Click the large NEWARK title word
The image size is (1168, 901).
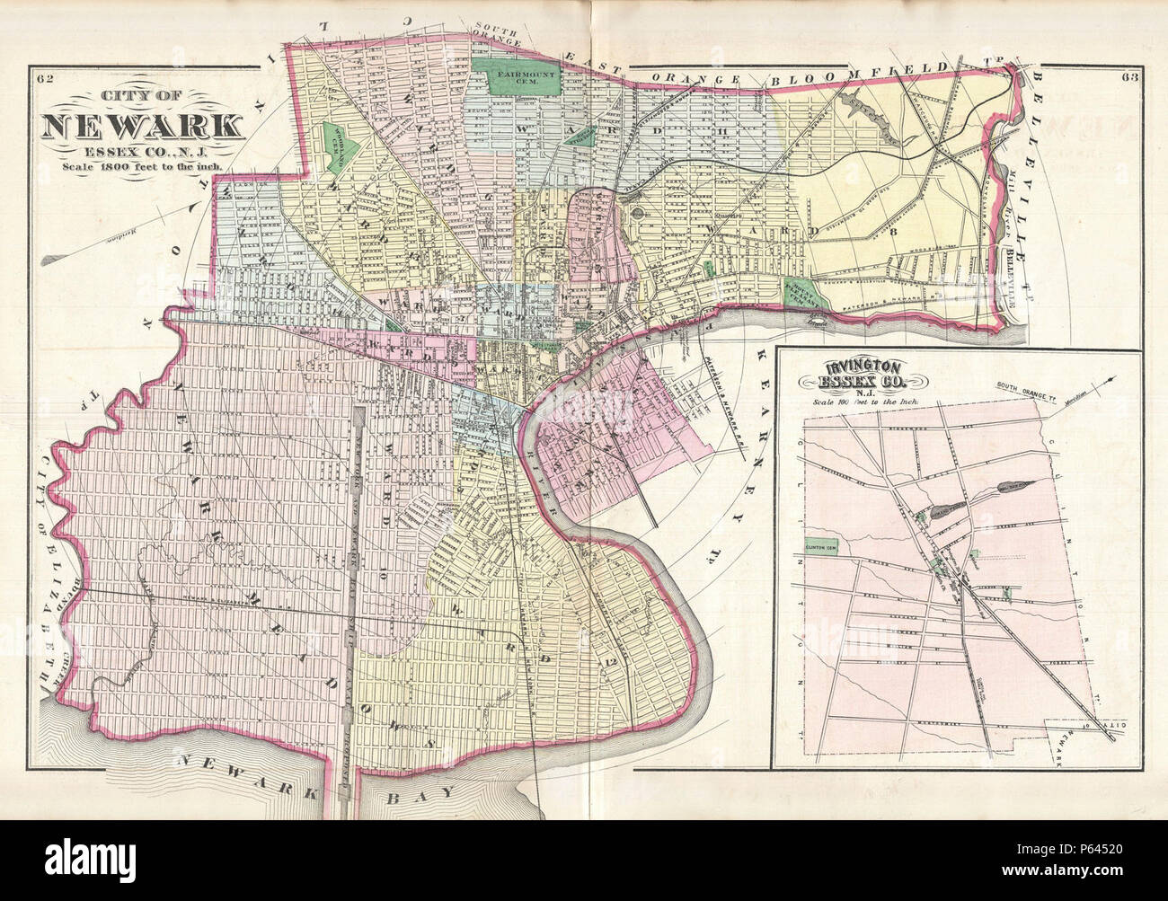pos(141,125)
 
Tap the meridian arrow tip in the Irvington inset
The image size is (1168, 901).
pos(1116,379)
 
